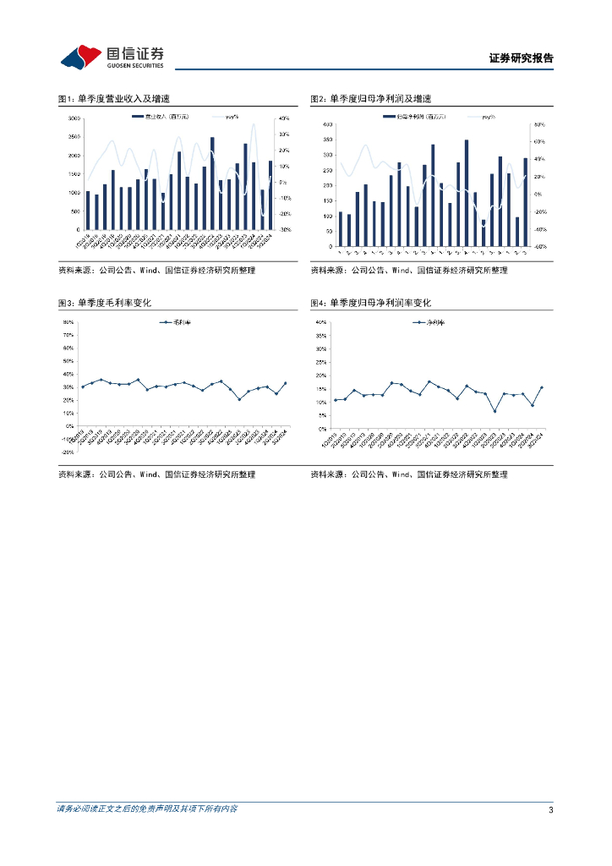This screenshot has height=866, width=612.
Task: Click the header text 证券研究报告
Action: click(x=522, y=58)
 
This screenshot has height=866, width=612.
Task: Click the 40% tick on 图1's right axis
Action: click(x=285, y=118)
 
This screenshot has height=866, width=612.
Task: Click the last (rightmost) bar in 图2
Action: click(x=525, y=202)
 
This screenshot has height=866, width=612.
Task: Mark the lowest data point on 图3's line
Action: click(x=239, y=399)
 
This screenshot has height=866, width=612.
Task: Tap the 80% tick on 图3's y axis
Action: click(x=68, y=322)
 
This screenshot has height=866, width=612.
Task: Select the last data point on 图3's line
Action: click(x=285, y=383)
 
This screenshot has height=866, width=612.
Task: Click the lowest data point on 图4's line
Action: click(x=495, y=411)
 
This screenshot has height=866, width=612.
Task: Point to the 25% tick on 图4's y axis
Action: click(x=320, y=363)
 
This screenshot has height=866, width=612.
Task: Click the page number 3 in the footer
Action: click(x=550, y=810)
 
